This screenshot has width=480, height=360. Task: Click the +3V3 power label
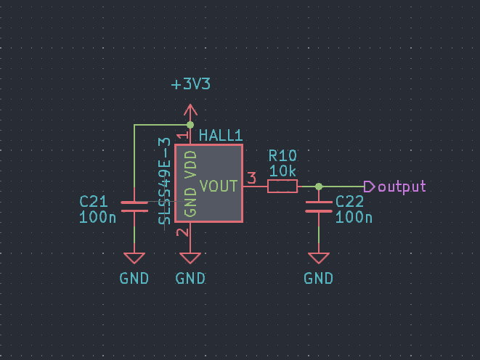tap(191, 84)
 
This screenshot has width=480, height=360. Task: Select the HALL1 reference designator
tap(220, 136)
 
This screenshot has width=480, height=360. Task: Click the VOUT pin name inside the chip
tap(219, 187)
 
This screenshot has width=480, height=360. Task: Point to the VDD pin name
tap(191, 164)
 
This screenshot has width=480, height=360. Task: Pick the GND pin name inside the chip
tap(191, 203)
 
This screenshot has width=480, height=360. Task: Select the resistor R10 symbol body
tap(282, 187)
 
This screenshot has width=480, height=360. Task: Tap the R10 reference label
tap(282, 156)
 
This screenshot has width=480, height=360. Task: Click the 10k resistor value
tap(282, 171)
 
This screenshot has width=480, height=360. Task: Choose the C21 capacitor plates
tap(134, 207)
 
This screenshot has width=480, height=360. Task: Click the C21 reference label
tap(93, 201)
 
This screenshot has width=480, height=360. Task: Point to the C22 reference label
tap(350, 201)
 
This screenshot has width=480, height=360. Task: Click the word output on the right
tap(402, 187)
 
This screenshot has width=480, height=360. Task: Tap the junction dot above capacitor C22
tap(319, 187)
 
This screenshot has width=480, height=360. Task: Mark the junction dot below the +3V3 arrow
tap(190, 125)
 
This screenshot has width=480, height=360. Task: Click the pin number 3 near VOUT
tap(252, 178)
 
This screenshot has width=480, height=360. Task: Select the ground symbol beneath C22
tap(319, 258)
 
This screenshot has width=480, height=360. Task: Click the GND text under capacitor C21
tap(134, 278)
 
